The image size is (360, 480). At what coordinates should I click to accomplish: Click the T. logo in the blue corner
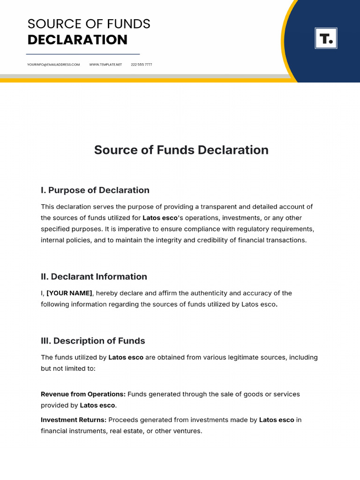coord(326,38)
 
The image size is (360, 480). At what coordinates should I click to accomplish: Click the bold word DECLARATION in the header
coord(77,40)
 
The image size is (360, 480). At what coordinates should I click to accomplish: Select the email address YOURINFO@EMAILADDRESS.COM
coord(53,64)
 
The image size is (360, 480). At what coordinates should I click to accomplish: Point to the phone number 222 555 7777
coord(141,64)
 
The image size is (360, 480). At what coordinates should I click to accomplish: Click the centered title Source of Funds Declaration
coord(181,150)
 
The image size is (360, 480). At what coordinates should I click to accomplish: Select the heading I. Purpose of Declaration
coord(95,190)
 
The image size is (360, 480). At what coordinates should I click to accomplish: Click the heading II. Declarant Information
coord(94,277)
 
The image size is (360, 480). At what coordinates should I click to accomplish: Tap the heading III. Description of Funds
coord(93,341)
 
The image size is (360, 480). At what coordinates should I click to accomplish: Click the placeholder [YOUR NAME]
coord(69,293)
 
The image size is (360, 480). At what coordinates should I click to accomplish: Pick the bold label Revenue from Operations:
coord(83,394)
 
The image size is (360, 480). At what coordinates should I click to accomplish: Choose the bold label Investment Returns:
coord(74,420)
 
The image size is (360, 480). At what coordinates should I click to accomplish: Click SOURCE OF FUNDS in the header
coord(89,24)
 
